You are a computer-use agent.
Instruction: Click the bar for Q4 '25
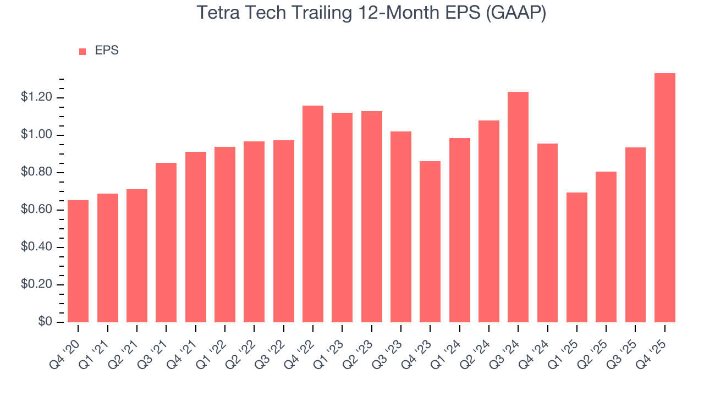click(664, 198)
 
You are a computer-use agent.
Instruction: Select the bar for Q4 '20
click(78, 261)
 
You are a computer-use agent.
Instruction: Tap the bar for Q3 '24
click(518, 207)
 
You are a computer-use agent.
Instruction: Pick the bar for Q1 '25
click(576, 257)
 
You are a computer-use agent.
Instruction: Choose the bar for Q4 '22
click(313, 214)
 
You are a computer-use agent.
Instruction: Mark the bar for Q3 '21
click(166, 243)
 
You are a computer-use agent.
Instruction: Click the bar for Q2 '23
click(371, 217)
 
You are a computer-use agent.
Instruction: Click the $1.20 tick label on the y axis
click(36, 98)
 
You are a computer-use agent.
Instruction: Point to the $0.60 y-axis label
click(36, 210)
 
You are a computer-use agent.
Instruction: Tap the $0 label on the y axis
click(45, 322)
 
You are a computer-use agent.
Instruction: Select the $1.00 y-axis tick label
click(36, 135)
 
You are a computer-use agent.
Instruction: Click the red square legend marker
click(82, 51)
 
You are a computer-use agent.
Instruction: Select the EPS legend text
click(107, 51)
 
